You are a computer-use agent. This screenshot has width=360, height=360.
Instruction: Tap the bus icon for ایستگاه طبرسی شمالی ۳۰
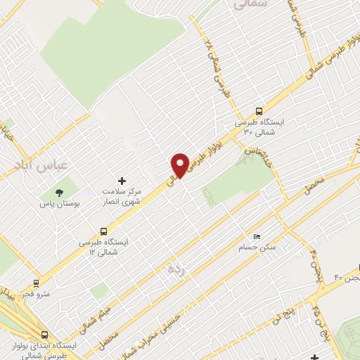(259, 110)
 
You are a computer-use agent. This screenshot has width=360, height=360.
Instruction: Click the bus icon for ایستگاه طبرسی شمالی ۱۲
(104, 230)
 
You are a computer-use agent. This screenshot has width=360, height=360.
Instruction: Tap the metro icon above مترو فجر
(36, 283)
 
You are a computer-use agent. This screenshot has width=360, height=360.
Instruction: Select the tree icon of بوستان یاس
(58, 192)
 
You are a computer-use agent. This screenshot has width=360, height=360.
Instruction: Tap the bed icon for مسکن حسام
(257, 236)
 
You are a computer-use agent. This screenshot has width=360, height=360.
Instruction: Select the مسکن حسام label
(256, 247)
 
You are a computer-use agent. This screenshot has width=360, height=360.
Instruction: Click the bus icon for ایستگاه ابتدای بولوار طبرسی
(44, 335)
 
